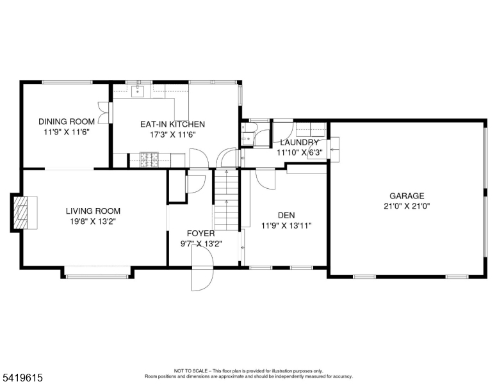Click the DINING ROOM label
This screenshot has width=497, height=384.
pyautogui.click(x=67, y=122)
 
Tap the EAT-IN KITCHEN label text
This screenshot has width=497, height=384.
pyautogui.click(x=172, y=124)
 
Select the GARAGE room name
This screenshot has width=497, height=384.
pyautogui.click(x=407, y=196)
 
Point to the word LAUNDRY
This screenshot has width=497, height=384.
pyautogui.click(x=299, y=142)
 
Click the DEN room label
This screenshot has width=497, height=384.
pyautogui.click(x=286, y=215)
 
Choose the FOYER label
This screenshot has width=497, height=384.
pyautogui.click(x=200, y=233)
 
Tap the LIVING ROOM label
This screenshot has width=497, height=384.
pyautogui.click(x=94, y=211)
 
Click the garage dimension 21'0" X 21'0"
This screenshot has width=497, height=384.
pyautogui.click(x=407, y=206)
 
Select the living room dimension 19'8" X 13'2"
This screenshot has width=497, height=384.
pyautogui.click(x=94, y=221)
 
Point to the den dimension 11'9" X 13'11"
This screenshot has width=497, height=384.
pyautogui.click(x=286, y=225)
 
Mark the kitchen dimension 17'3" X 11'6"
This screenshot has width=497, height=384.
pyautogui.click(x=172, y=134)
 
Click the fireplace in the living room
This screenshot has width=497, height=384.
pyautogui.click(x=23, y=212)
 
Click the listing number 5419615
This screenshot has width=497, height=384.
pyautogui.click(x=22, y=378)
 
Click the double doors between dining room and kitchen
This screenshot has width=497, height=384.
pyautogui.click(x=105, y=113)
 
